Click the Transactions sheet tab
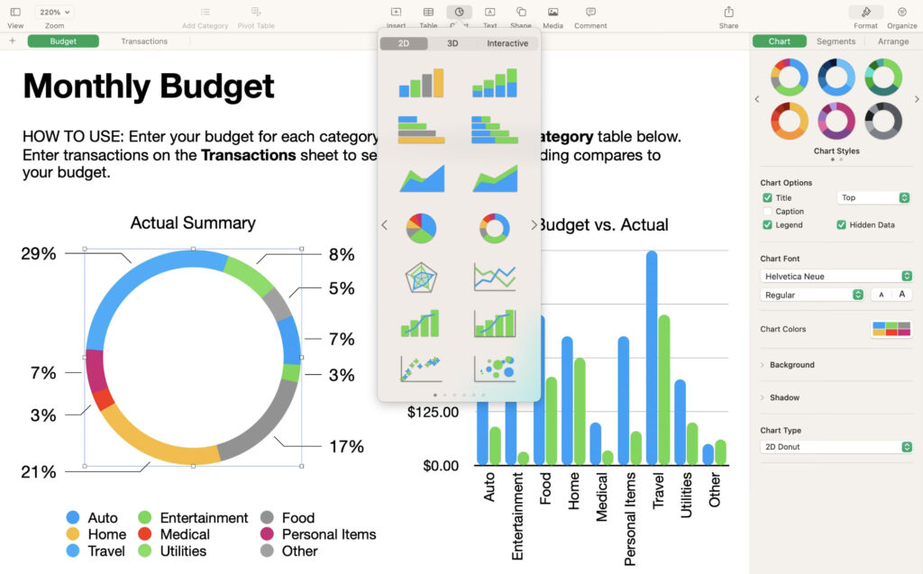pyautogui.click(x=144, y=41)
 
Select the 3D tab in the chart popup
pyautogui.click(x=452, y=43)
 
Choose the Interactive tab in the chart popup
pyautogui.click(x=507, y=43)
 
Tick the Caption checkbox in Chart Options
pyautogui.click(x=767, y=212)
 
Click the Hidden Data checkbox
pyautogui.click(x=841, y=224)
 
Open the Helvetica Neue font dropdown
pyautogui.click(x=836, y=276)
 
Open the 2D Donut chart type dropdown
pyautogui.click(x=836, y=447)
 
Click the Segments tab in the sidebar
pyautogui.click(x=836, y=41)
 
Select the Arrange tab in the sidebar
pyautogui.click(x=892, y=41)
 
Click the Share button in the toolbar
pyautogui.click(x=728, y=16)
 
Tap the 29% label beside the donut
pyautogui.click(x=39, y=254)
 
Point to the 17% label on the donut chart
pyautogui.click(x=346, y=446)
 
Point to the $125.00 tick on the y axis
pyautogui.click(x=433, y=412)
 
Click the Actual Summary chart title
pyautogui.click(x=193, y=223)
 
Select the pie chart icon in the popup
pyautogui.click(x=421, y=228)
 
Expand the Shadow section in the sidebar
pyautogui.click(x=784, y=397)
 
